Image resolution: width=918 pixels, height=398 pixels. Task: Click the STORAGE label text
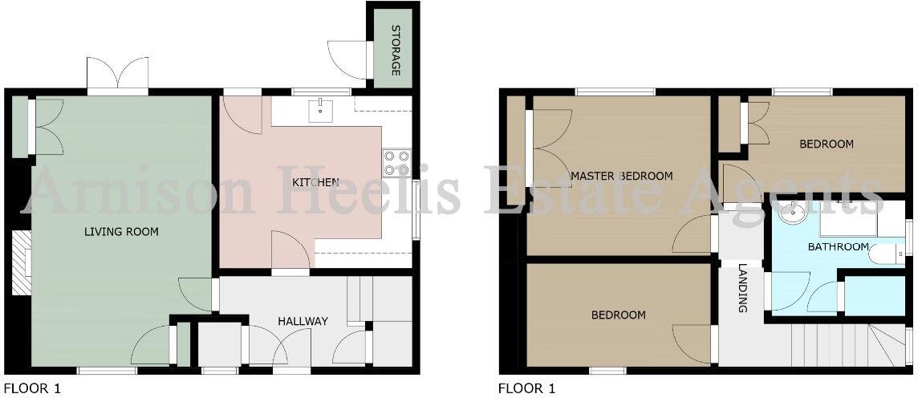click(x=396, y=50)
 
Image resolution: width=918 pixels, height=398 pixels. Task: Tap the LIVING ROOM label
click(x=122, y=232)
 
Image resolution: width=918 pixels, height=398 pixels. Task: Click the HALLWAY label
click(x=303, y=321)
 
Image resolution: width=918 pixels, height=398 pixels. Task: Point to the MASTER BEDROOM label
click(x=621, y=176)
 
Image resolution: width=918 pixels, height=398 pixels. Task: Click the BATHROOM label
click(x=838, y=246)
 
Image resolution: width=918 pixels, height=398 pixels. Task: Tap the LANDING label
click(x=742, y=288)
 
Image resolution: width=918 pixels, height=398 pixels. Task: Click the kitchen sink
click(x=321, y=108)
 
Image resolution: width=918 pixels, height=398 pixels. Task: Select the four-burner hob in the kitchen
click(x=396, y=163)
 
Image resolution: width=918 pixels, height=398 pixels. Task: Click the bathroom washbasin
click(x=790, y=213)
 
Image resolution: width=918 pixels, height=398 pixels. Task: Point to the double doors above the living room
click(x=118, y=76)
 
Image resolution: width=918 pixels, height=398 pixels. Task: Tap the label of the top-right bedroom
click(x=826, y=144)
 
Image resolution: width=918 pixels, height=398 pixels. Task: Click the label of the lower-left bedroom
click(x=618, y=315)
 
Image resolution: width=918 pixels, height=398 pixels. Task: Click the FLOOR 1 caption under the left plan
click(x=32, y=389)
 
